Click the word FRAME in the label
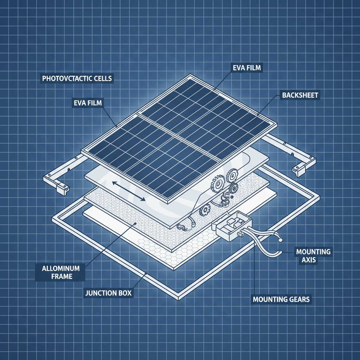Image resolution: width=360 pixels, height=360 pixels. (61, 276)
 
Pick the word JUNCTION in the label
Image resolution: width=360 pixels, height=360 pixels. (100, 293)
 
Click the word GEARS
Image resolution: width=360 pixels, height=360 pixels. (298, 300)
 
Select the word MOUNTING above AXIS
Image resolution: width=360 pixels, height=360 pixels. (313, 252)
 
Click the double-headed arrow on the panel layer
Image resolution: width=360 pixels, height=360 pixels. (128, 191)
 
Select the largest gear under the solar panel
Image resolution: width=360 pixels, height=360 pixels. (218, 183)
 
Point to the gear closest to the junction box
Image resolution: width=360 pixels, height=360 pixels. (205, 211)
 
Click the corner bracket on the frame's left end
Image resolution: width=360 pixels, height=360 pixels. (62, 189)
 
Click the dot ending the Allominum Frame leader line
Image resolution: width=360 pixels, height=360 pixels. (135, 223)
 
